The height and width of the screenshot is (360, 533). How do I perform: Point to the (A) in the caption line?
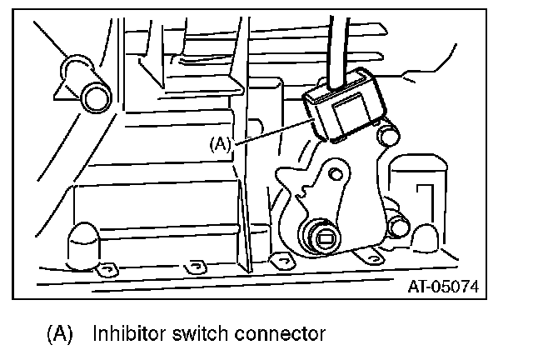tap(59, 335)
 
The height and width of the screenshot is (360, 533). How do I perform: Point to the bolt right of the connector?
tap(386, 135)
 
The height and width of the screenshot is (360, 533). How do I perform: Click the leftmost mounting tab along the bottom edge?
tap(103, 270)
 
